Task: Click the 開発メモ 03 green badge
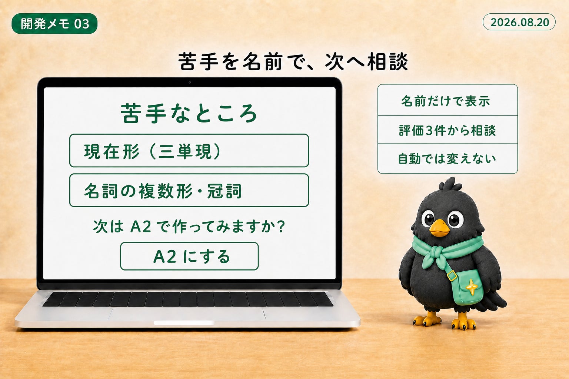54,24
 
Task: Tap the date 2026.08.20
519,22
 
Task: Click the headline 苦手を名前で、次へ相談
293,62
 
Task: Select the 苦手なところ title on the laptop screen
189,113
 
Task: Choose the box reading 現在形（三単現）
189,151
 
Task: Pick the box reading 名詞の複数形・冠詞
189,190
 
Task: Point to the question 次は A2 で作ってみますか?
189,226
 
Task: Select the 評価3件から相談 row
447,130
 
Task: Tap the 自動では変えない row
447,159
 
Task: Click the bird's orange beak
439,228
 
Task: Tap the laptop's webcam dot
190,82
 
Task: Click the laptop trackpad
187,314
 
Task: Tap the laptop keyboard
188,299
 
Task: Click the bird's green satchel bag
467,287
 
